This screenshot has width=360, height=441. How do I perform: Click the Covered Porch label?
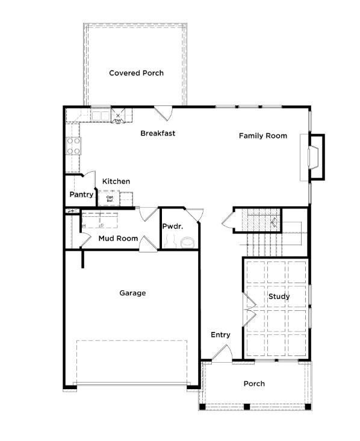pyautogui.click(x=136, y=73)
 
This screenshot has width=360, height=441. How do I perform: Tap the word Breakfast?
pyautogui.click(x=158, y=133)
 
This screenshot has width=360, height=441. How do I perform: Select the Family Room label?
pyautogui.click(x=262, y=136)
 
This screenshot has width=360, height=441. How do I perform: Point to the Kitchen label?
pyautogui.click(x=116, y=181)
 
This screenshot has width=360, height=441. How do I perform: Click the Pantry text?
pyautogui.click(x=81, y=195)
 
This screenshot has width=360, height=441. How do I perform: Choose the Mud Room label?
pyautogui.click(x=118, y=239)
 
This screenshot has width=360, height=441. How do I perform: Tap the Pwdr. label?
pyautogui.click(x=172, y=227)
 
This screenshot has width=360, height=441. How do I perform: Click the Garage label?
pyautogui.click(x=132, y=293)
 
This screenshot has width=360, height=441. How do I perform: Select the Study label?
pyautogui.click(x=279, y=296)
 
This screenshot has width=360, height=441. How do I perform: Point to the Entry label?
pyautogui.click(x=220, y=335)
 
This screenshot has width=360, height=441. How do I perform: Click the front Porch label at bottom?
pyautogui.click(x=253, y=383)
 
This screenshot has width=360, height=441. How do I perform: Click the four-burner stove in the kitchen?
pyautogui.click(x=73, y=145)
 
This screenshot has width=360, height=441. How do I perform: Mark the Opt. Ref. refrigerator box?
pyautogui.click(x=110, y=198)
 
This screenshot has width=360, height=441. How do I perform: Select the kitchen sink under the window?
pyautogui.click(x=100, y=114)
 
